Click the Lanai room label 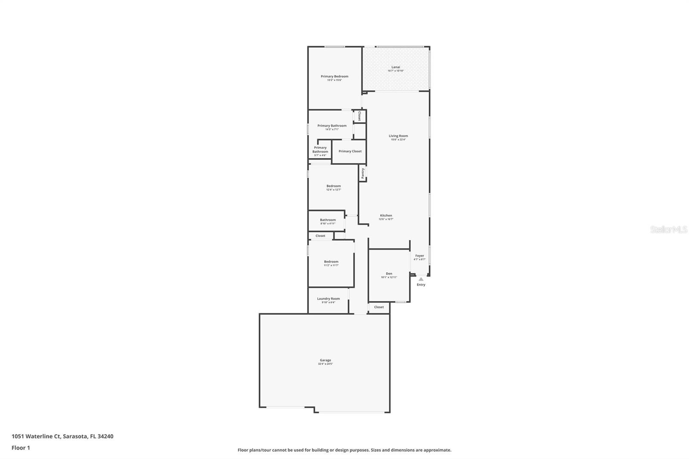tap(395, 67)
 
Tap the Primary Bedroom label tap(334, 77)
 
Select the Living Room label tap(398, 136)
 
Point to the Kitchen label tap(386, 216)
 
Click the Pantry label tap(363, 173)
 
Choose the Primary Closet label tap(350, 152)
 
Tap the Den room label tap(389, 274)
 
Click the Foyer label tap(419, 256)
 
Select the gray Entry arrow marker tap(421, 279)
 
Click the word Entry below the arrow tap(421, 285)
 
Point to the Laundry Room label tap(328, 299)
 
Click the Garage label tap(325, 360)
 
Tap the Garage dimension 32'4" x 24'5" tap(325, 364)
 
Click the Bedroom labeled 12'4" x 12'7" tap(333, 186)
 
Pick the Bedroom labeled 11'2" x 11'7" tap(331, 262)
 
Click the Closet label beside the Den tap(379, 307)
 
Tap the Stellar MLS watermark tap(668, 230)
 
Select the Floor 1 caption tap(21, 448)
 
